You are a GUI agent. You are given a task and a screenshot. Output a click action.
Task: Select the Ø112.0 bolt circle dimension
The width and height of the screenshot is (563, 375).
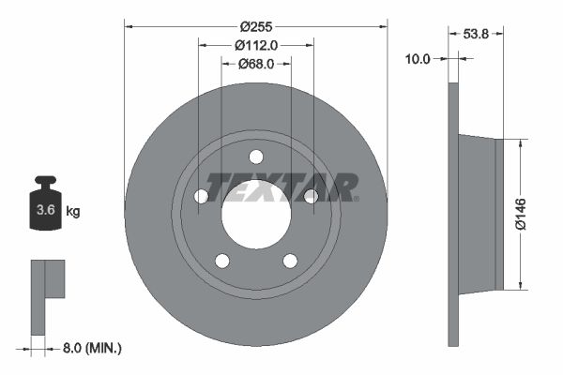pos(256,44)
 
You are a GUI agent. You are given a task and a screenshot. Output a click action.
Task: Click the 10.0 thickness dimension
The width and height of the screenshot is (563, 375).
pos(418,58)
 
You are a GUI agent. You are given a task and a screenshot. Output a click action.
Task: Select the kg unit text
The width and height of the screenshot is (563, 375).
pos(73,212)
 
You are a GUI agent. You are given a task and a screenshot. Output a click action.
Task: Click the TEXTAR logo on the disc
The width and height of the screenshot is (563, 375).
pos(281,187)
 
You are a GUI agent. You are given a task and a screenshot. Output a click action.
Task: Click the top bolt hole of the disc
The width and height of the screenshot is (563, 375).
pos(256,157)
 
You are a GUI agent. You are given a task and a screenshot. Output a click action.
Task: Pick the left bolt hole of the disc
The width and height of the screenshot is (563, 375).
pos(201,196)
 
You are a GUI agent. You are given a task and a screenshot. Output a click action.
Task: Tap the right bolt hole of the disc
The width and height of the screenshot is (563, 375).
pos(311,195)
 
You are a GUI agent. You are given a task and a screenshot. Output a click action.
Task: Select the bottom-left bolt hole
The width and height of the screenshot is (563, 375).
pos(222,261)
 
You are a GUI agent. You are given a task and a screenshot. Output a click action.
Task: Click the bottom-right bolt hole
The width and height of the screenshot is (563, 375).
pos(290,261)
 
